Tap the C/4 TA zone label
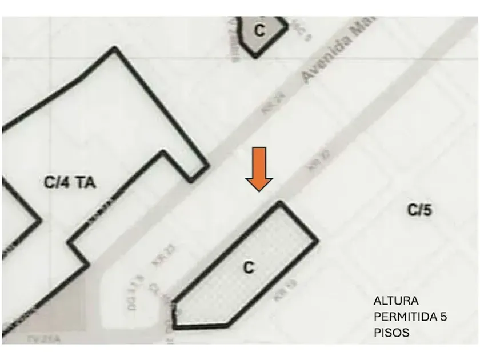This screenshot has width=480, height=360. click(70, 183)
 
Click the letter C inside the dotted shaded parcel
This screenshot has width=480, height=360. click(249, 267)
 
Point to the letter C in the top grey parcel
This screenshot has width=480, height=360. click(259, 31)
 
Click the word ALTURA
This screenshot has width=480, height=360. click(396, 301)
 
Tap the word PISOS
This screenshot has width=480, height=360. click(392, 332)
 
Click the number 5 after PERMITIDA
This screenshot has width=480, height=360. click(443, 317)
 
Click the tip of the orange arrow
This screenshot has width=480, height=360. click(259, 190)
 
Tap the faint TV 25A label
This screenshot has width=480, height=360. click(43, 339)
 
